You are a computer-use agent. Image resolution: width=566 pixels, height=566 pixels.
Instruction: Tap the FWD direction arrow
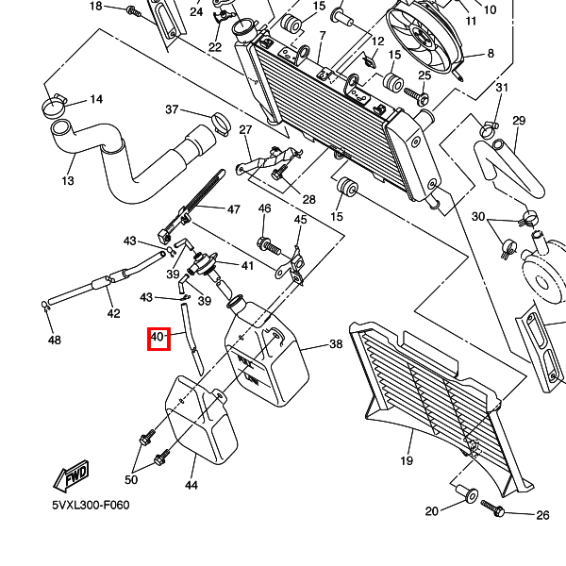point(72,479)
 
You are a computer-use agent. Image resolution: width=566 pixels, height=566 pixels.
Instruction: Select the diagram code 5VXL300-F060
point(91,506)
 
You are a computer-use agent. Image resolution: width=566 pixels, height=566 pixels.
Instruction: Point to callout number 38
point(336,345)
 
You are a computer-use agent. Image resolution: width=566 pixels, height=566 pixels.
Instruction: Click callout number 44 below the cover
point(191,486)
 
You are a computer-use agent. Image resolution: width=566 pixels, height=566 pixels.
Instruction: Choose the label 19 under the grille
point(407,461)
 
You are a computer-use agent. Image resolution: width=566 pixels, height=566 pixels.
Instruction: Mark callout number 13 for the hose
point(68,181)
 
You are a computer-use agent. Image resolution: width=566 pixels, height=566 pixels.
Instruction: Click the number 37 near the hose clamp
point(172,110)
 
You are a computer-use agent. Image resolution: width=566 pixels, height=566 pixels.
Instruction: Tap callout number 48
point(54,340)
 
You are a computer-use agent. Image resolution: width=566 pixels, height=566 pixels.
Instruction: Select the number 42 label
point(113,314)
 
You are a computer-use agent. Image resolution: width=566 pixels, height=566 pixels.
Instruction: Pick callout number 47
point(234,208)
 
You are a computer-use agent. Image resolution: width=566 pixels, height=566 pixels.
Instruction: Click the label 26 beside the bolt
point(542,515)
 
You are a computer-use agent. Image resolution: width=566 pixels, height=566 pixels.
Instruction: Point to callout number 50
point(131,480)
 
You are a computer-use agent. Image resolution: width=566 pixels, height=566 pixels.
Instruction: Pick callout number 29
point(519,121)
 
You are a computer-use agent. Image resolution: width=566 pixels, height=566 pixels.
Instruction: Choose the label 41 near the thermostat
point(247,266)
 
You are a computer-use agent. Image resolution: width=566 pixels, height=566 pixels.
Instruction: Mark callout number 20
point(432,512)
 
